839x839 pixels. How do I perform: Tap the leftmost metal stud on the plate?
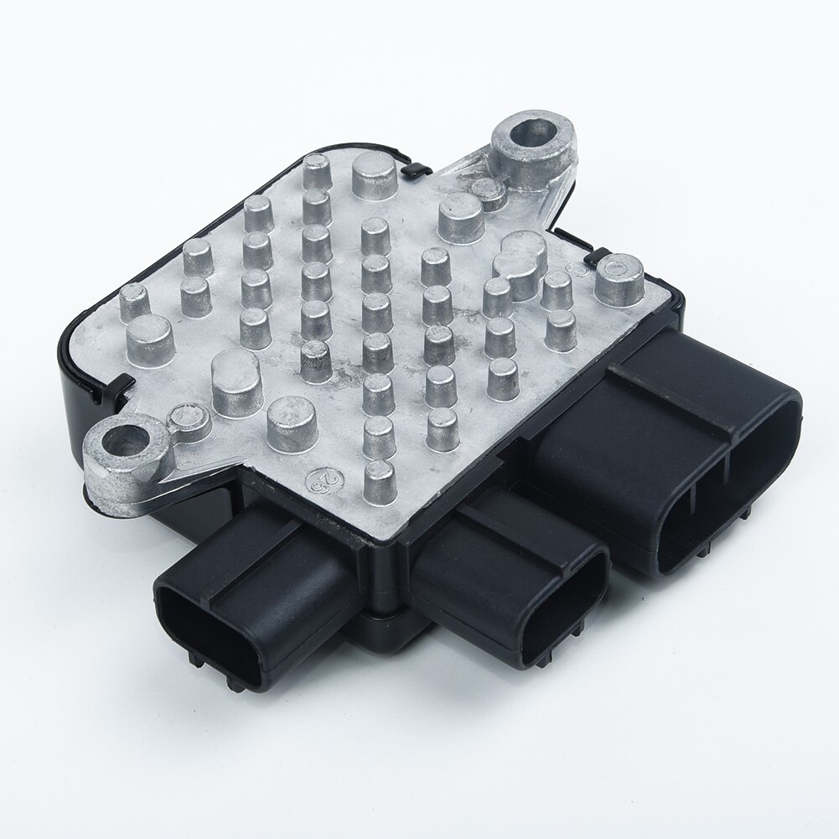pyautogui.click(x=134, y=298)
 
